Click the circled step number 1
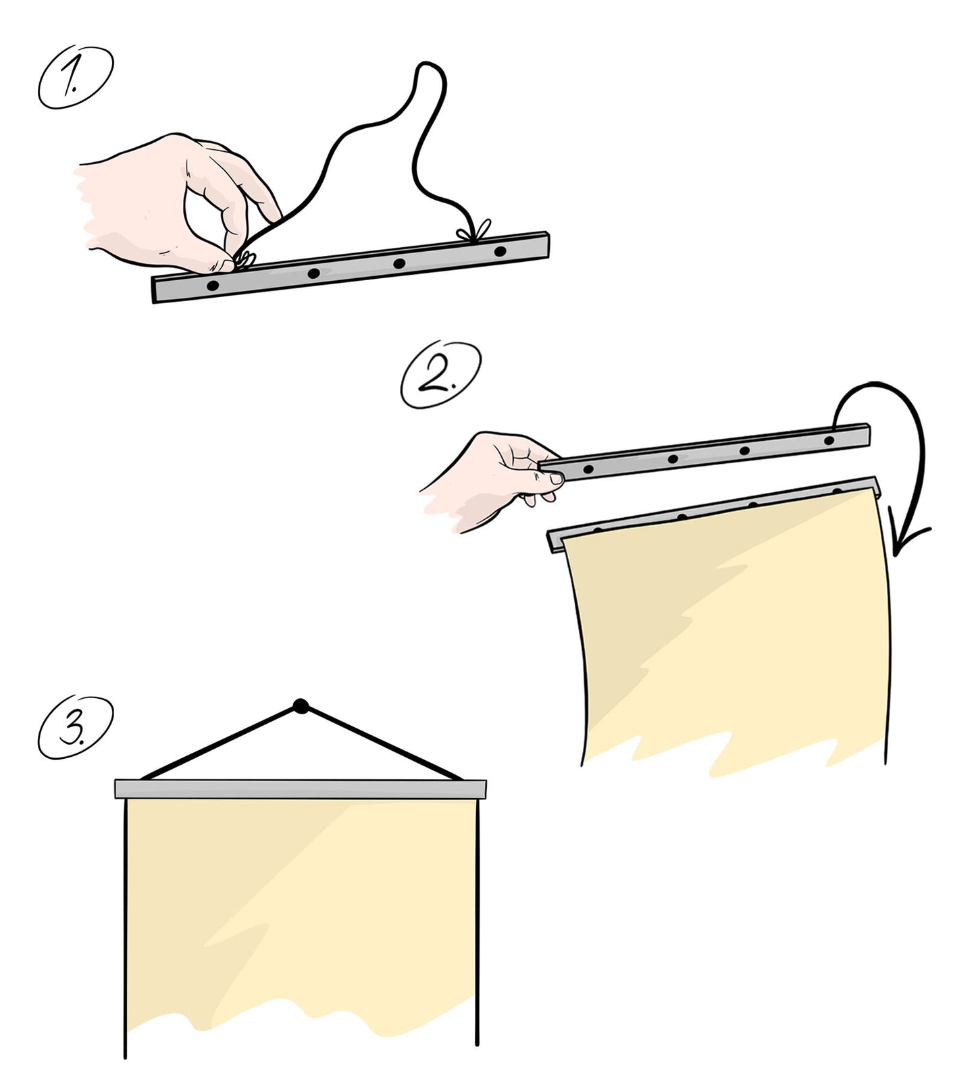[x=75, y=78]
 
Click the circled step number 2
[x=440, y=375]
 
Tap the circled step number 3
[x=75, y=727]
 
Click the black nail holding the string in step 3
[x=301, y=707]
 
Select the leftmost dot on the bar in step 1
[x=213, y=286]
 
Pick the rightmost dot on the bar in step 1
[x=500, y=252]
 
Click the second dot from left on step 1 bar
[x=314, y=273]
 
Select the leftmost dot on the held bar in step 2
[x=588, y=469]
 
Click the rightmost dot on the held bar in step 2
[x=829, y=441]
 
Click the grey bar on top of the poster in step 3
[x=301, y=789]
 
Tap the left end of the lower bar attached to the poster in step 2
[x=548, y=540]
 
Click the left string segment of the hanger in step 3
[x=220, y=743]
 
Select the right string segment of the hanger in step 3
[x=382, y=743]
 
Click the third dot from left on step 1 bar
[x=399, y=263]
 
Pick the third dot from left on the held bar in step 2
[x=744, y=450]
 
